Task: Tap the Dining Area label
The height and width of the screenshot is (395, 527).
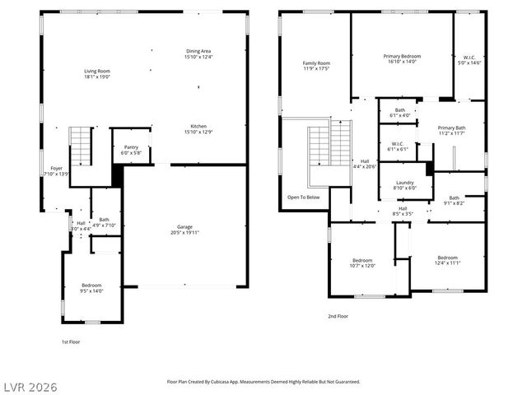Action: [198, 54]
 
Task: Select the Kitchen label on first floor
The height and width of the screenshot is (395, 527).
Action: [198, 129]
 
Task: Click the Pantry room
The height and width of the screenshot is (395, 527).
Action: [131, 151]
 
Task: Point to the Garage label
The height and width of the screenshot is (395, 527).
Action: [184, 230]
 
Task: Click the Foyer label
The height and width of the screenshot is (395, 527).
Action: [56, 171]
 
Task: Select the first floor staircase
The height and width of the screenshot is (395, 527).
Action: [80, 146]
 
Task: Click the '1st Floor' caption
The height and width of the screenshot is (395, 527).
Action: [71, 342]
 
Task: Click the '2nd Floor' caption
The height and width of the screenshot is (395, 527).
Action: [337, 315]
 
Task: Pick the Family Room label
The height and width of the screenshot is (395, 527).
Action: [316, 66]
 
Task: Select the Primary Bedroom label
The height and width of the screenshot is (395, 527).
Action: [402, 59]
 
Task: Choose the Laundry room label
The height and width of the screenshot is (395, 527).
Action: [404, 185]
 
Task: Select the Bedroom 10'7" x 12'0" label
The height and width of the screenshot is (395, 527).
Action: [362, 263]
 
